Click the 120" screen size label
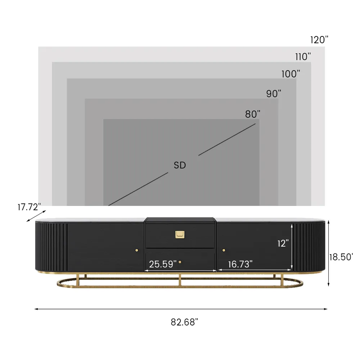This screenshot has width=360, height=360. point(319,40)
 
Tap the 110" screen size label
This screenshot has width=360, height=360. point(303,56)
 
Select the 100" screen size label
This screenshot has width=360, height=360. point(291,74)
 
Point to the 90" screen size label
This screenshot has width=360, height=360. point(274,93)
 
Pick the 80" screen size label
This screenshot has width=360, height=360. point(253,114)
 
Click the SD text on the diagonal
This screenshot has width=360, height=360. point(180,165)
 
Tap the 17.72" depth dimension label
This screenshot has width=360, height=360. point(29,207)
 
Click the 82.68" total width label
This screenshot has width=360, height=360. point(184,322)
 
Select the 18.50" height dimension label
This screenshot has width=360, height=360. point(341,257)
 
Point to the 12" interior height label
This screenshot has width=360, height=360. point(283,243)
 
